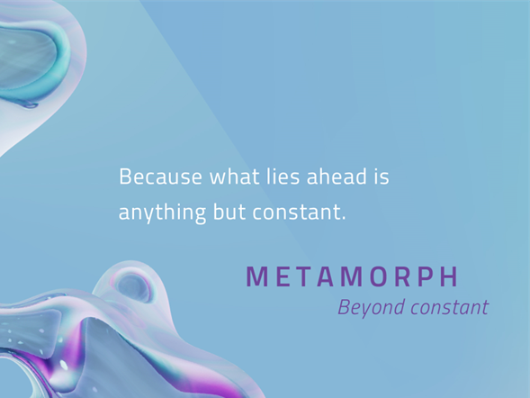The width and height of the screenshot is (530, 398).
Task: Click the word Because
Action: [x=160, y=176]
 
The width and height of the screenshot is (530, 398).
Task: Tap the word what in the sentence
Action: [x=235, y=176]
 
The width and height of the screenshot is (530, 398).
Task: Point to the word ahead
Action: [x=337, y=176]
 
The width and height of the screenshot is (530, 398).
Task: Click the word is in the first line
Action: [x=382, y=176]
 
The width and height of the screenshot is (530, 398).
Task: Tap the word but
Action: [x=229, y=212]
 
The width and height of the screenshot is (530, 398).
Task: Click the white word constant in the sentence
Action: [x=297, y=213]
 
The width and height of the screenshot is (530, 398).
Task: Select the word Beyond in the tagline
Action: [x=372, y=308]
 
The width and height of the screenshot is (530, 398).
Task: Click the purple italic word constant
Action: [x=450, y=308]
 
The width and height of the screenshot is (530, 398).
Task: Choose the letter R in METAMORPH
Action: [x=403, y=276]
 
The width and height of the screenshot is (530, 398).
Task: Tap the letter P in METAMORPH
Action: [x=426, y=276]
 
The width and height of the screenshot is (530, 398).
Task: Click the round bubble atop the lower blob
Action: [x=133, y=285]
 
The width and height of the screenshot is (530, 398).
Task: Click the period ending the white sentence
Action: [x=344, y=219]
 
